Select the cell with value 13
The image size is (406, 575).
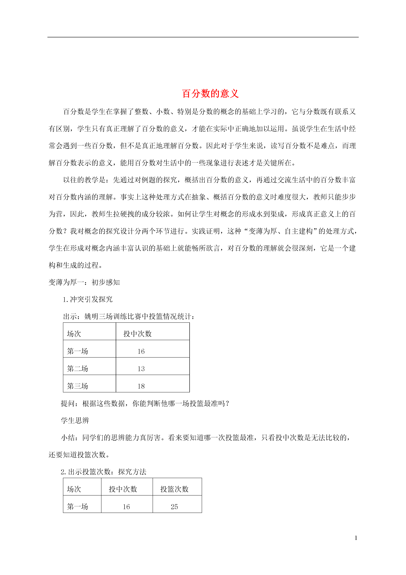pos(141,369)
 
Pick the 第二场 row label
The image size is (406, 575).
pos(78,369)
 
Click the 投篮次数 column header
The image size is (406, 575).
pos(174,489)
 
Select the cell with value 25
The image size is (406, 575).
pos(174,507)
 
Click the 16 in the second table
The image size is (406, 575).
pos(126,507)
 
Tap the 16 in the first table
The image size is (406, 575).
pos(141,351)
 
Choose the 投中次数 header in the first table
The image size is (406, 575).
pos(138,334)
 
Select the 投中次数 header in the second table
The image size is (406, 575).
pos(123,489)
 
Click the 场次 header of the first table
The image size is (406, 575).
pos(74,334)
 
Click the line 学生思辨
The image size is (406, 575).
pos(75,420)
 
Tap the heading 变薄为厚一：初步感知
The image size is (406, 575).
pos(84,282)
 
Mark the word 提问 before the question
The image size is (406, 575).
pos(68,403)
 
